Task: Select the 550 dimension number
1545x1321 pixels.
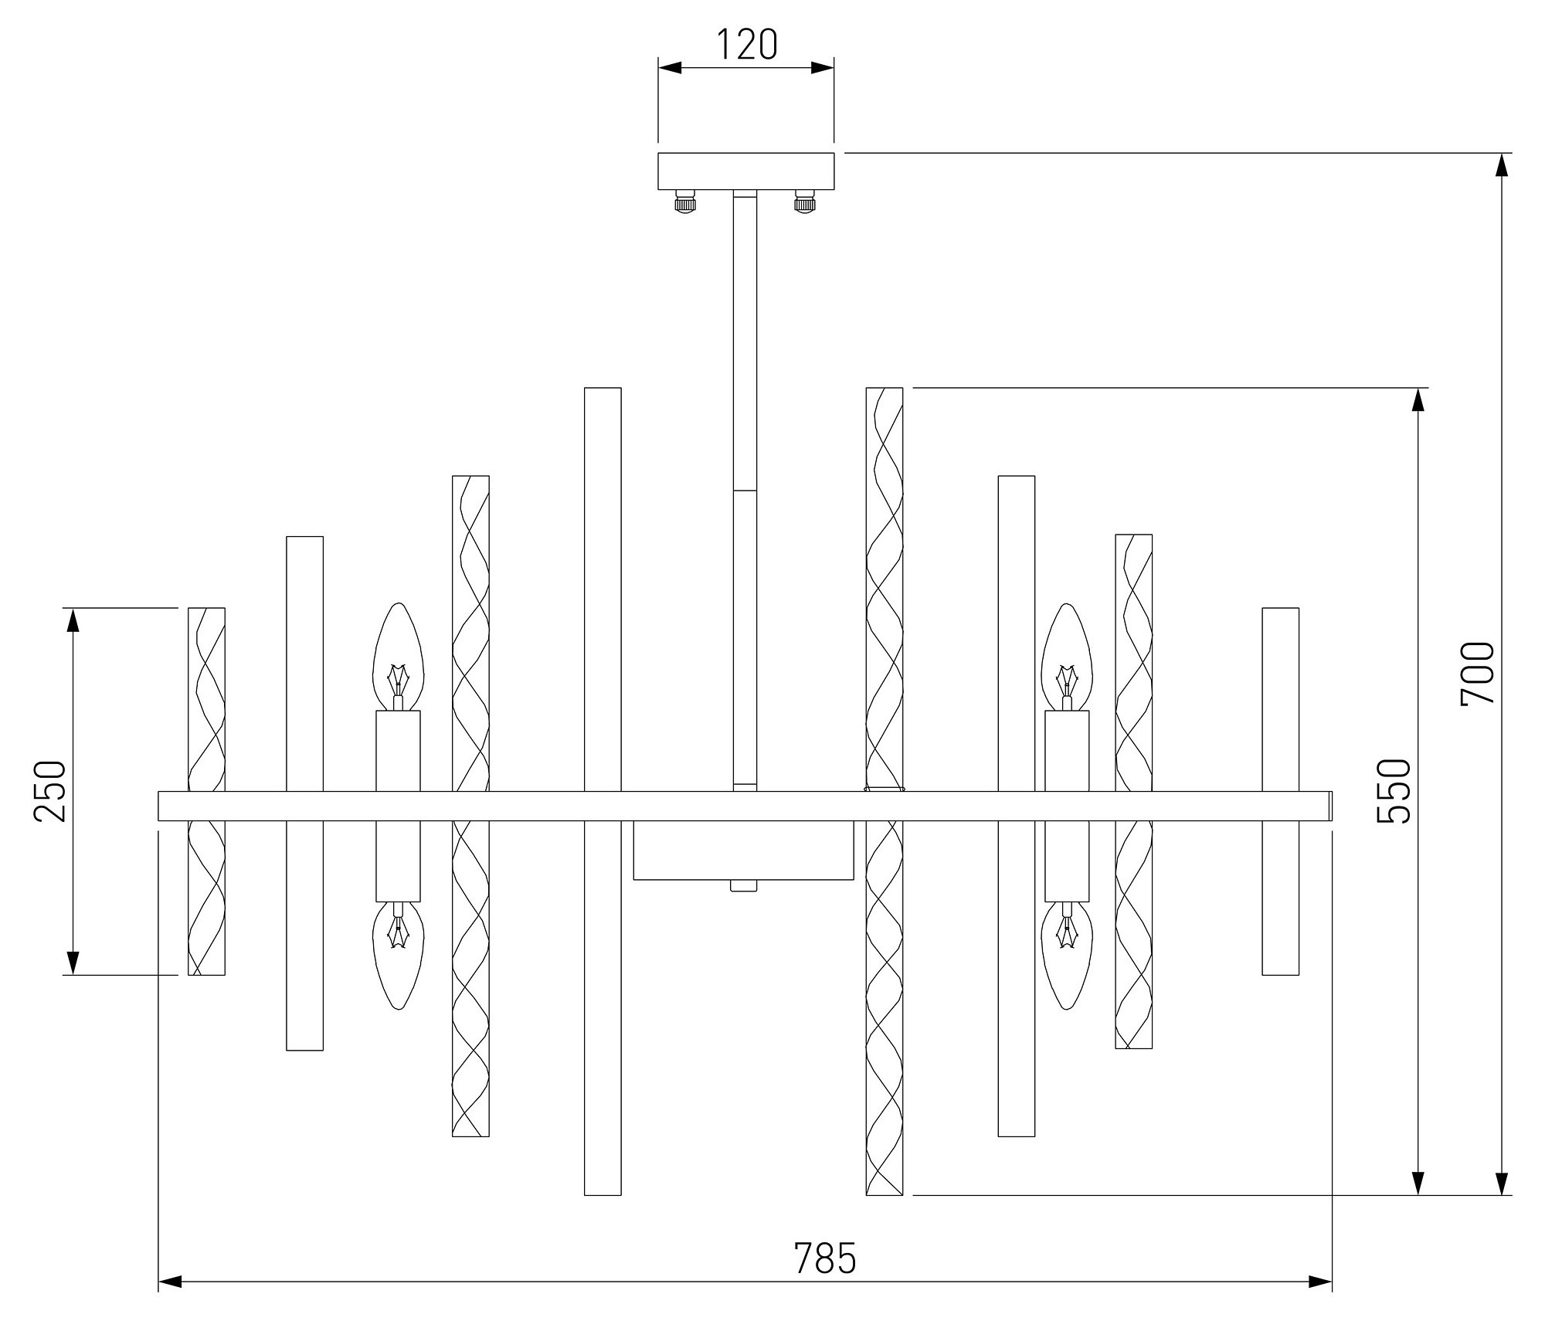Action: pos(1394,791)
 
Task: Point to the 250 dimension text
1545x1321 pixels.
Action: pos(50,791)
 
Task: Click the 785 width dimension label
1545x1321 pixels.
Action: pos(825,1258)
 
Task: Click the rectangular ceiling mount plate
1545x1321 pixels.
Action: pos(746,171)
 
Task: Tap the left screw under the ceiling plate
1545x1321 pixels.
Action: pos(685,202)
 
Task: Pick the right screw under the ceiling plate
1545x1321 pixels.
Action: pos(806,202)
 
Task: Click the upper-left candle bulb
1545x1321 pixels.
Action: pos(398,657)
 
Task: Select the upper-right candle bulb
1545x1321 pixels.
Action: pos(1067,657)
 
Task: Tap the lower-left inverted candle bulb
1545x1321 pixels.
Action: pos(398,956)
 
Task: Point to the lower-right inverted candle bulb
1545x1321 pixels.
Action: pos(1067,956)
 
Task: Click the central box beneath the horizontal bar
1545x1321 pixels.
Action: pos(743,850)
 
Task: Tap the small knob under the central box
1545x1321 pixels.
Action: pos(744,886)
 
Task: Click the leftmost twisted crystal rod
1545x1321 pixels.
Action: pos(207,791)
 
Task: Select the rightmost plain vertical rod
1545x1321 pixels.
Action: pos(1281,791)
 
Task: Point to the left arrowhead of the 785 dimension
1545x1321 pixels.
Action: pos(170,1282)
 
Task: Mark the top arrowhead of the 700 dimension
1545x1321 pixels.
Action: pos(1502,165)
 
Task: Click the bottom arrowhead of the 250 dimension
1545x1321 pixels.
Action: pos(73,963)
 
